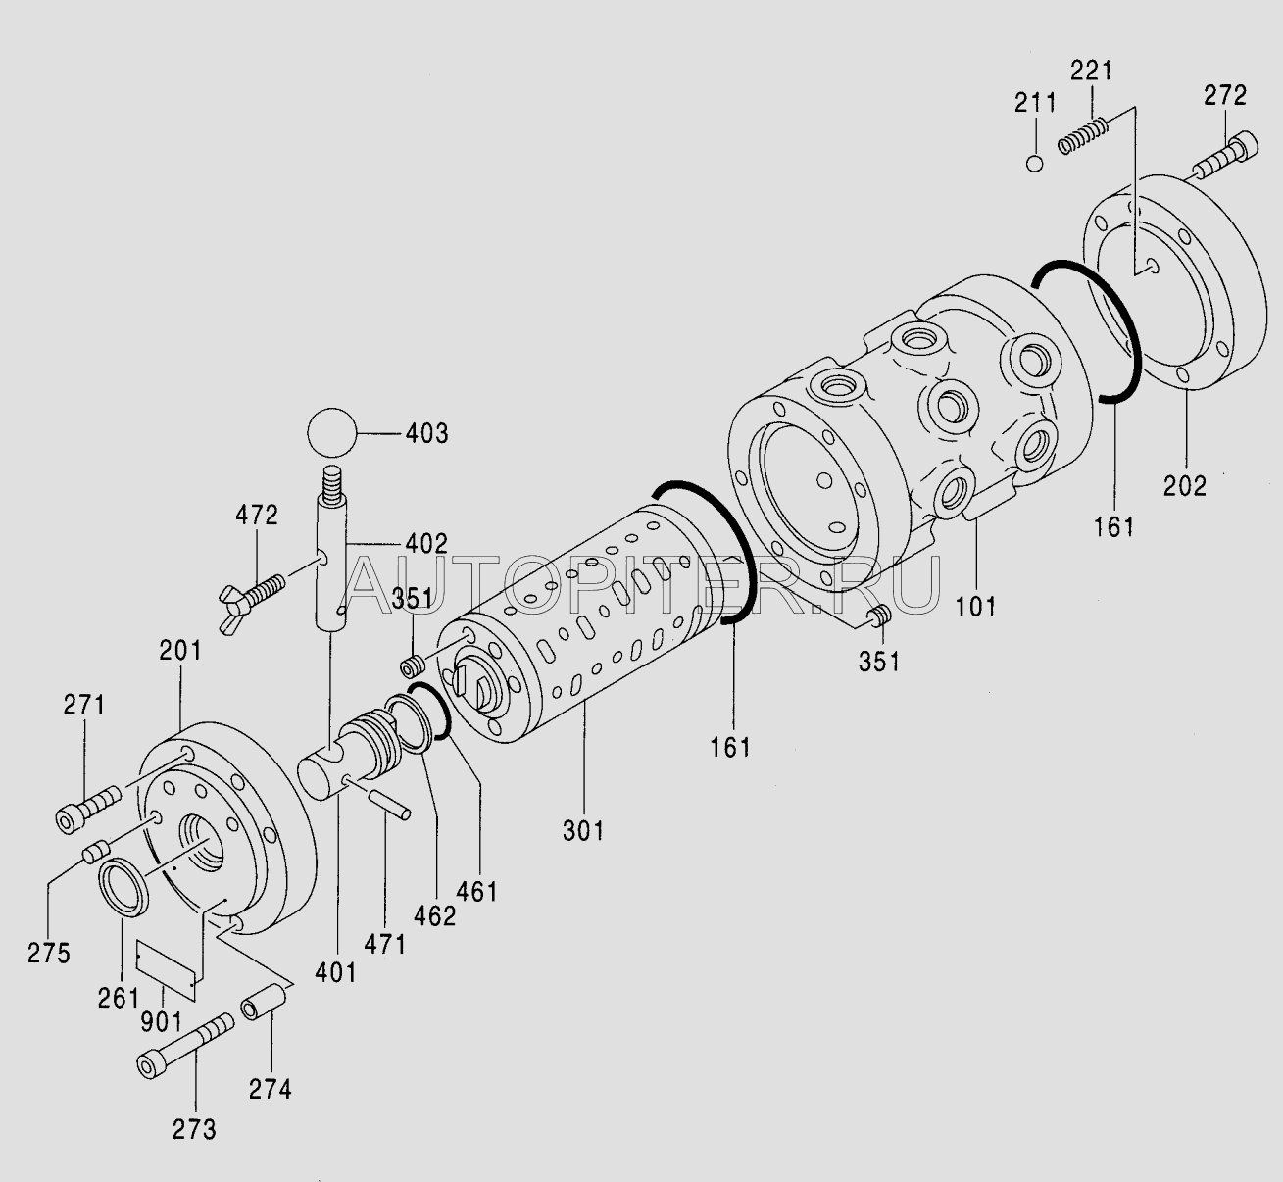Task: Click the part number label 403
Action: [427, 433]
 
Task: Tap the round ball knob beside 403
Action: [331, 432]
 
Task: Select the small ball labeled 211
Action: [1034, 164]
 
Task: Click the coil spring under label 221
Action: [1082, 136]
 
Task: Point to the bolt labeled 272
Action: [1225, 156]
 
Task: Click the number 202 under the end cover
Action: [1185, 486]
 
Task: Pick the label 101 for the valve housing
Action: [975, 607]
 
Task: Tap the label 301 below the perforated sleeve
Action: [583, 831]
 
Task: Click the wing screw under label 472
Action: [251, 598]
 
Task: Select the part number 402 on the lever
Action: [426, 543]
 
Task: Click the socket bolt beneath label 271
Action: [88, 810]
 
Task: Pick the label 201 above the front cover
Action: [180, 651]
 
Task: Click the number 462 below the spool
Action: [435, 916]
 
